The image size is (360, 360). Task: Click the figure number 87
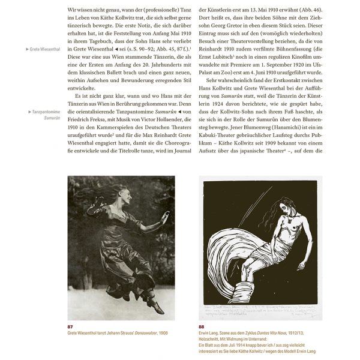pos(72,327)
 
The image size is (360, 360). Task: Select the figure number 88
pos(202,327)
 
